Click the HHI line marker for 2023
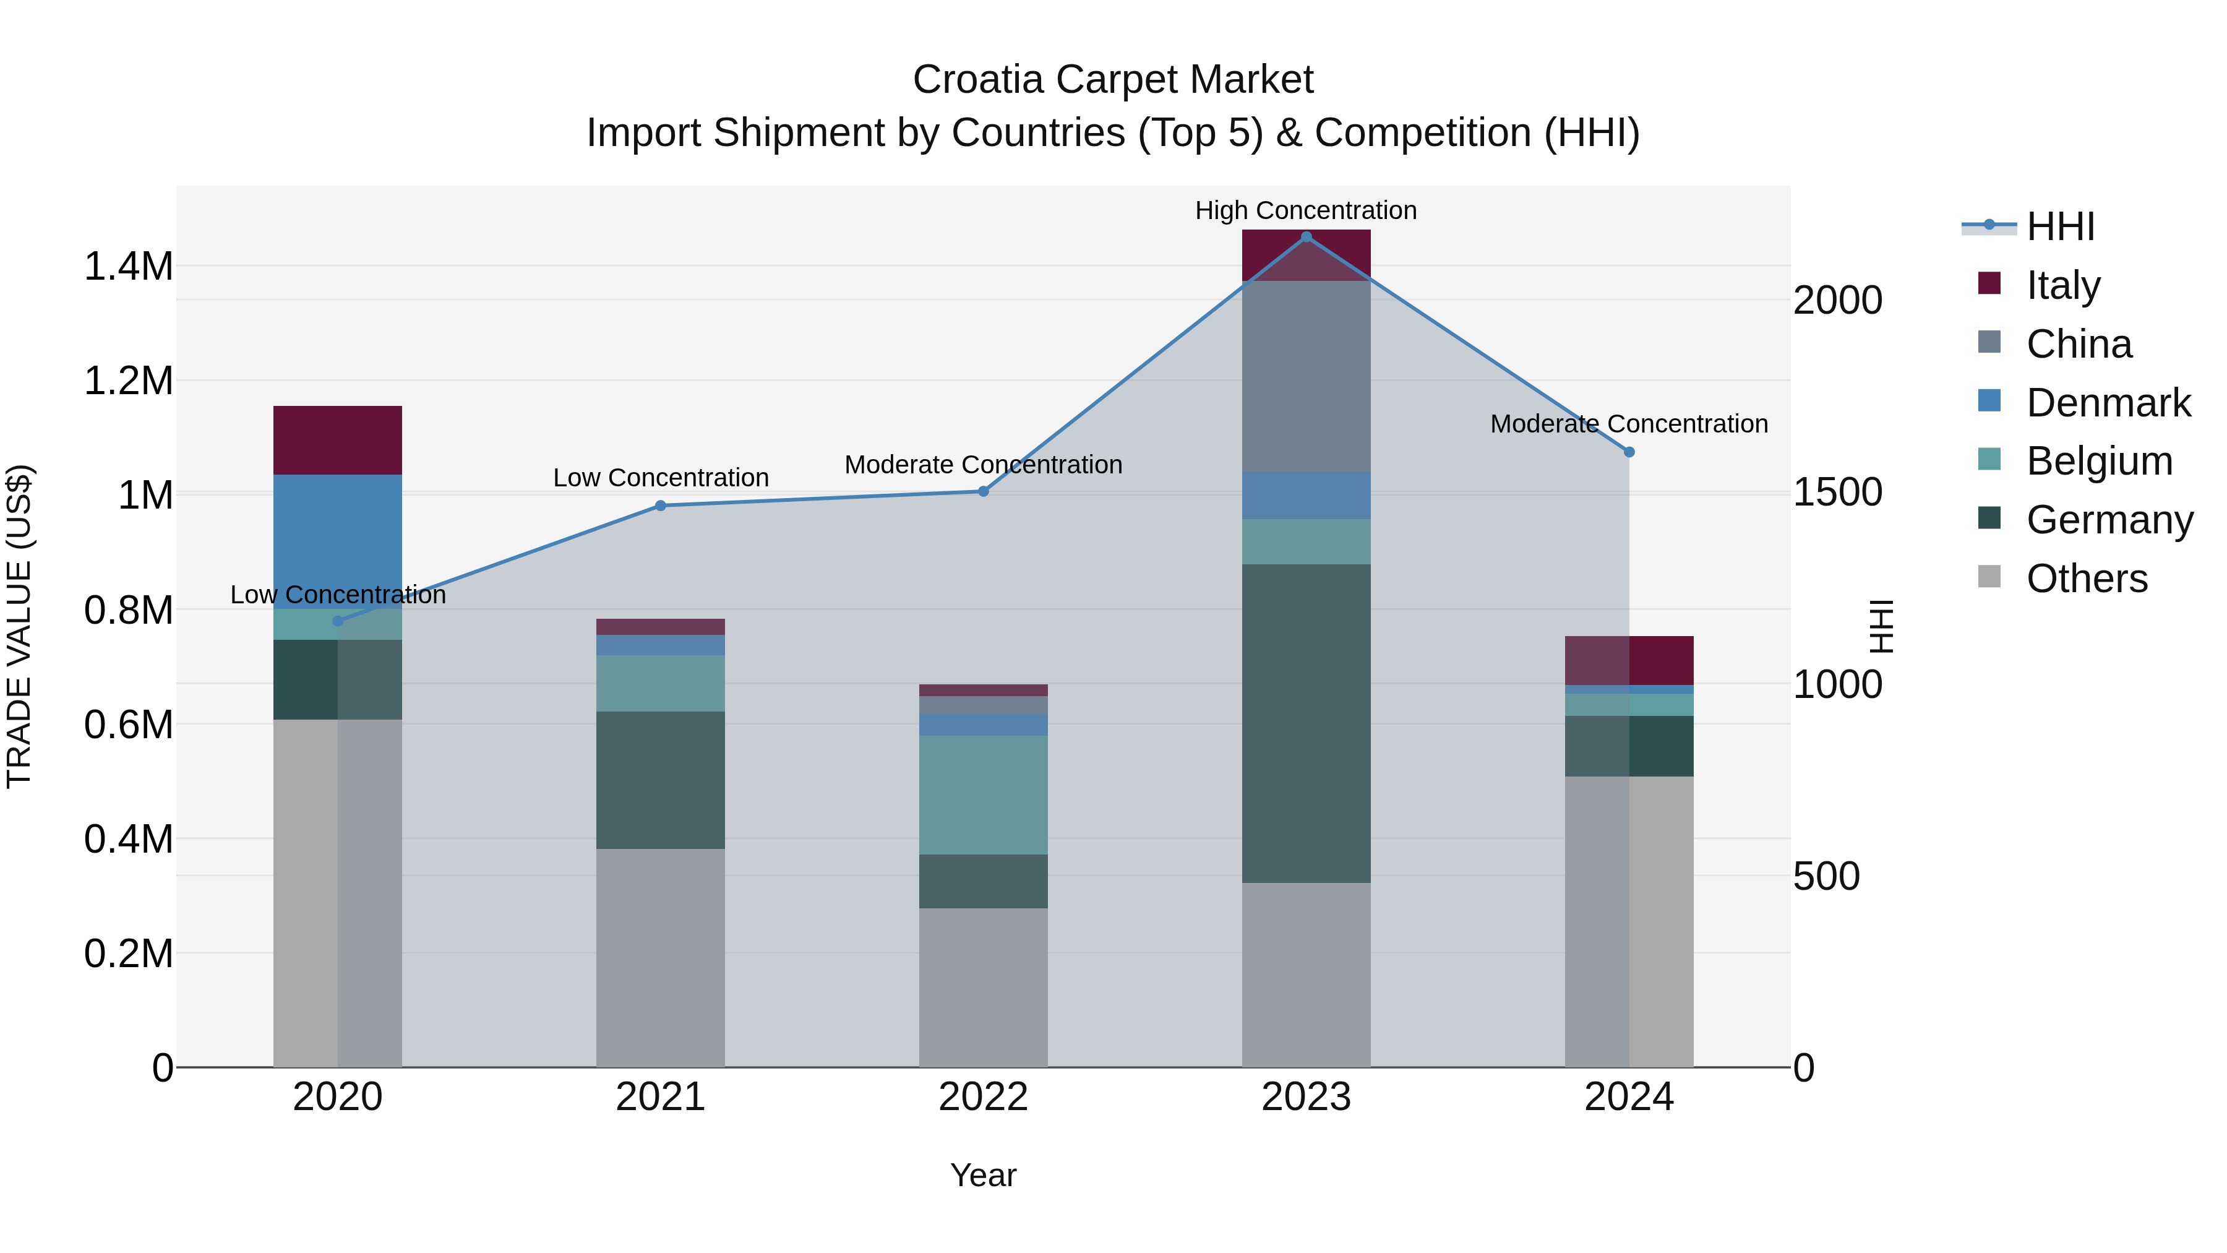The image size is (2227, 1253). point(1305,236)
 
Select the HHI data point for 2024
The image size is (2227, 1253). point(1629,452)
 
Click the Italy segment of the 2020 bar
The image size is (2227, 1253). point(337,439)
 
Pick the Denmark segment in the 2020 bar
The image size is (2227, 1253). point(337,540)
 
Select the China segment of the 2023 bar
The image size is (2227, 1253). point(1305,376)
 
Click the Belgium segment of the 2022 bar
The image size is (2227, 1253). point(983,794)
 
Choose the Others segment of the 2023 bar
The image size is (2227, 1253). point(1305,974)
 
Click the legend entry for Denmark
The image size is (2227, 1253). point(2108,403)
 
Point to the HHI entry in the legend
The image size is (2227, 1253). point(2059,226)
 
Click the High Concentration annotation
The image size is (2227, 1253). point(1305,210)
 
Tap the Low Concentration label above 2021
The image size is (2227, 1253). point(661,477)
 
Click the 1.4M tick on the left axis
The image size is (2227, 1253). point(128,266)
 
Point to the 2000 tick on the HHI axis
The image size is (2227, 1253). point(1837,300)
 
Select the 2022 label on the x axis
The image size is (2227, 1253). point(983,1096)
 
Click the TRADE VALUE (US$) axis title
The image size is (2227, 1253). point(19,626)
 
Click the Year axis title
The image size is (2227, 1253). point(983,1175)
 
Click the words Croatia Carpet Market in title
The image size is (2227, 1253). point(1113,80)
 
